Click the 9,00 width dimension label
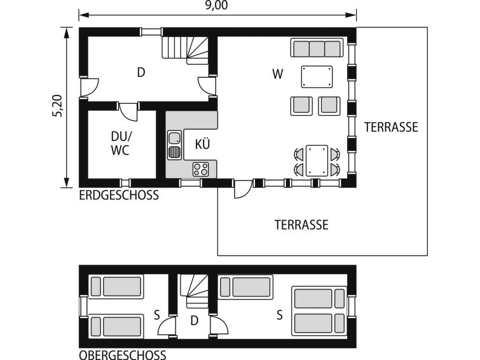tap(216, 5)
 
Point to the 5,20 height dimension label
tap(58, 106)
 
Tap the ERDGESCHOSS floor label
tap(119, 195)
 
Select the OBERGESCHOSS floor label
tap(123, 355)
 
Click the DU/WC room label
tap(120, 143)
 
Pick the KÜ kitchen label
tap(203, 144)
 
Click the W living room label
tap(278, 74)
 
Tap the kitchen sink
tap(174, 144)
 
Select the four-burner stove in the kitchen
tap(200, 169)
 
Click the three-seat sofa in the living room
tap(317, 48)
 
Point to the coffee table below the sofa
tap(317, 76)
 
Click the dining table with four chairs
tap(317, 161)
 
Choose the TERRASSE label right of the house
tap(391, 127)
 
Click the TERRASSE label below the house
tap(301, 225)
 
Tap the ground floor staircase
tap(185, 50)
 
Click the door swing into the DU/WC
tap(128, 112)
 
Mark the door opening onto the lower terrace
tap(243, 189)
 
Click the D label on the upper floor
tap(194, 321)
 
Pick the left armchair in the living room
tap(301, 106)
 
